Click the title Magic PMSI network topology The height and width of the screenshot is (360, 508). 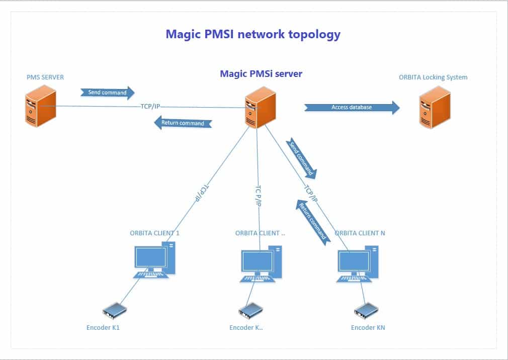coord(253,34)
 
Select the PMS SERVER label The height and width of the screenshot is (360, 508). coord(45,77)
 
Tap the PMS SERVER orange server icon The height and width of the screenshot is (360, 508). coord(40,106)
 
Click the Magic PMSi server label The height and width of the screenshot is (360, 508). coord(261,74)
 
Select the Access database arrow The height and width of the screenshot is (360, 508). coord(352,107)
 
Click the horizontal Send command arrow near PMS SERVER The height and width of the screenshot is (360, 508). coord(108,93)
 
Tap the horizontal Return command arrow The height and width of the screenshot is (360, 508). coord(183,123)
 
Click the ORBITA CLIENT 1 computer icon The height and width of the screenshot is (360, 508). coord(154,259)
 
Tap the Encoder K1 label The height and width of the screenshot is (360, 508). coord(103,328)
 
